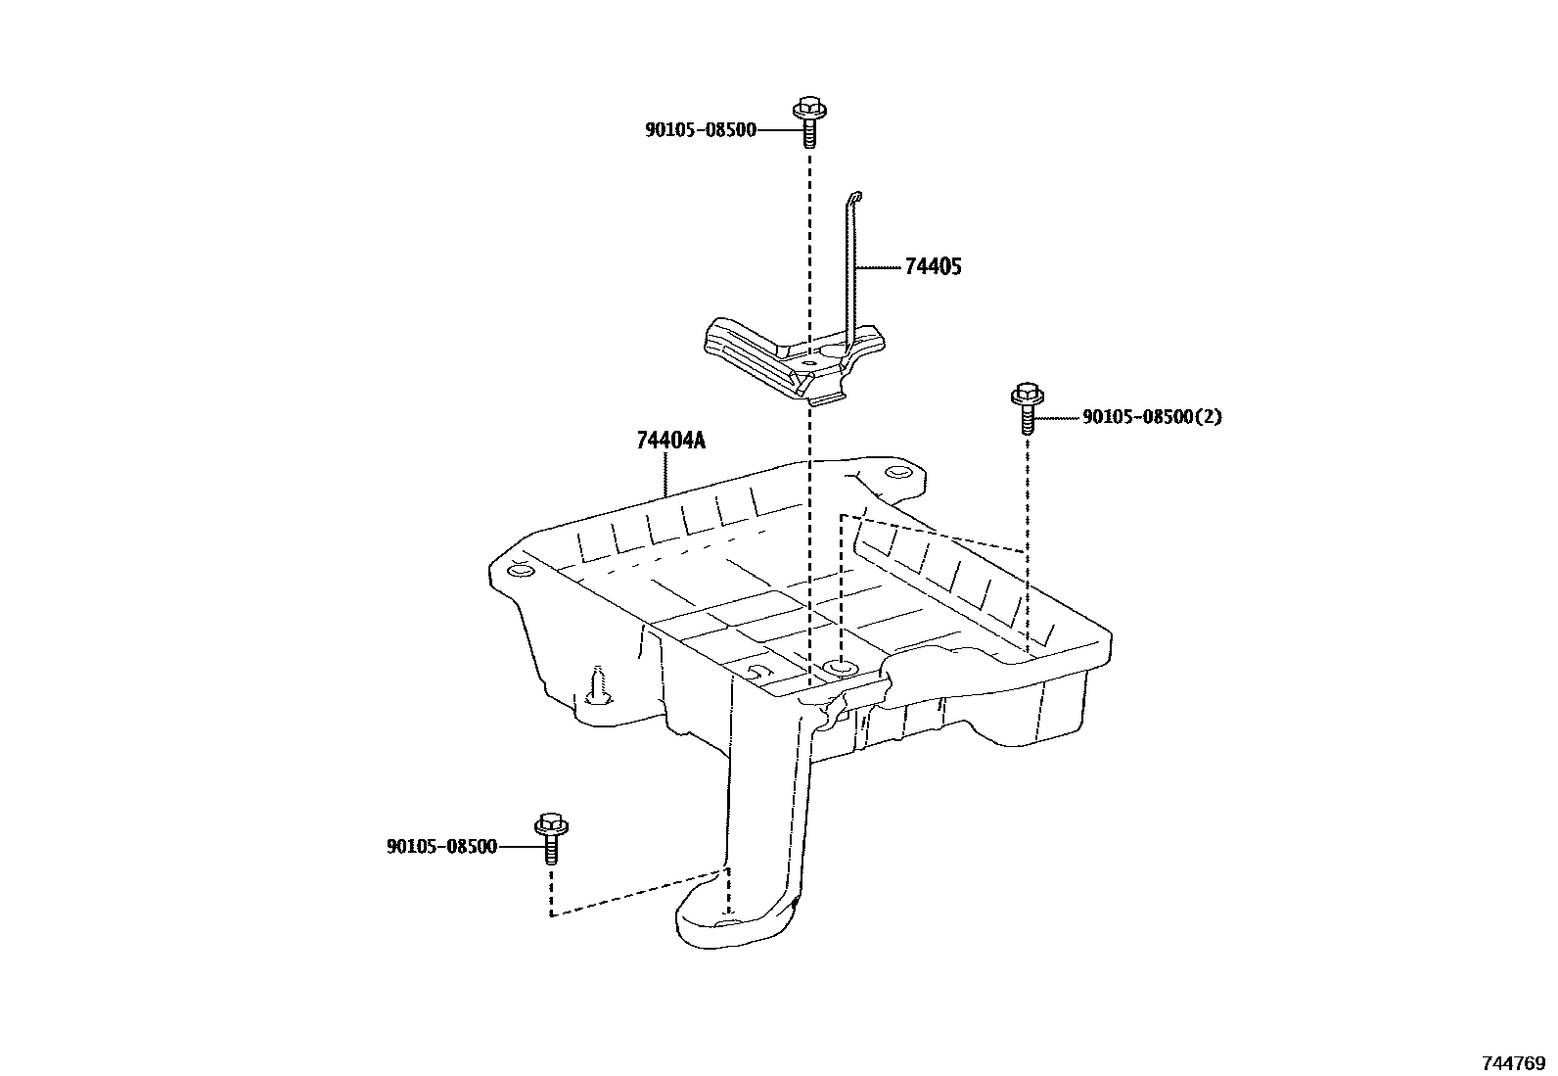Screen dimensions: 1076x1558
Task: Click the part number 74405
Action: click(x=932, y=266)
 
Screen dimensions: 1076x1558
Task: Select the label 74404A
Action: click(x=670, y=441)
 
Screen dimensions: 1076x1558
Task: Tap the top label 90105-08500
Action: click(x=700, y=129)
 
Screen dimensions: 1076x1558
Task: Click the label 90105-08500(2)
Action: click(x=1152, y=417)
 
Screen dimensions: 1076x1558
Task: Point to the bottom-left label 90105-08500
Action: click(x=441, y=847)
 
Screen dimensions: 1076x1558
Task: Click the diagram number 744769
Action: click(x=1513, y=1062)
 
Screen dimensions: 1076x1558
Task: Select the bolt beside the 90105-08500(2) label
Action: click(x=1027, y=406)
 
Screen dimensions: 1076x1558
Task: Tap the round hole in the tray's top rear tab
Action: click(x=894, y=474)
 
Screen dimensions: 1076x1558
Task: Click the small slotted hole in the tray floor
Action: click(x=756, y=671)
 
